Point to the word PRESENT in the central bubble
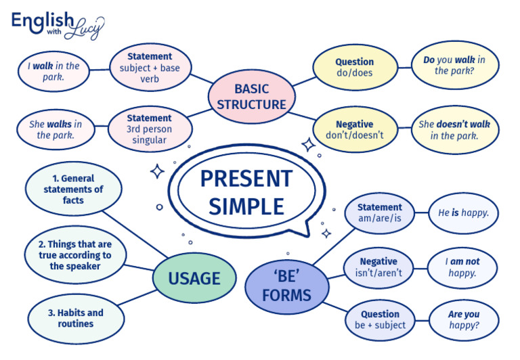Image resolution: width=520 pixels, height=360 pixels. pyautogui.click(x=246, y=179)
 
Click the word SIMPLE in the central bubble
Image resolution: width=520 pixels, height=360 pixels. pyautogui.click(x=246, y=206)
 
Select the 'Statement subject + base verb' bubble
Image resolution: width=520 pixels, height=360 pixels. pyautogui.click(x=150, y=67)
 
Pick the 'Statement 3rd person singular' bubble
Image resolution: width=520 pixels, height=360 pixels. pyautogui.click(x=150, y=129)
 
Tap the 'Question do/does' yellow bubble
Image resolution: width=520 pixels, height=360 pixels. pyautogui.click(x=354, y=67)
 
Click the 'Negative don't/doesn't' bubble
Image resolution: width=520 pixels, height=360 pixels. pyautogui.click(x=354, y=129)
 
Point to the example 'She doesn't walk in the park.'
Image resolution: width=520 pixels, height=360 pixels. pyautogui.click(x=454, y=129)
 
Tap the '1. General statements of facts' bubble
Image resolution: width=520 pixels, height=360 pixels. pyautogui.click(x=73, y=189)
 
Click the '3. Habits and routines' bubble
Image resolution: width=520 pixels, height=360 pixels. pyautogui.click(x=76, y=318)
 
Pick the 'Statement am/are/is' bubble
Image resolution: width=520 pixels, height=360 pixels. pyautogui.click(x=380, y=212)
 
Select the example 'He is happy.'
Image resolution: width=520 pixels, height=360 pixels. pyautogui.click(x=463, y=212)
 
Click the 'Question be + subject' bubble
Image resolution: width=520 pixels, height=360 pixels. pyautogui.click(x=380, y=319)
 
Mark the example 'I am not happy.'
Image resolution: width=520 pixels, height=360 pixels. pyautogui.click(x=462, y=267)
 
